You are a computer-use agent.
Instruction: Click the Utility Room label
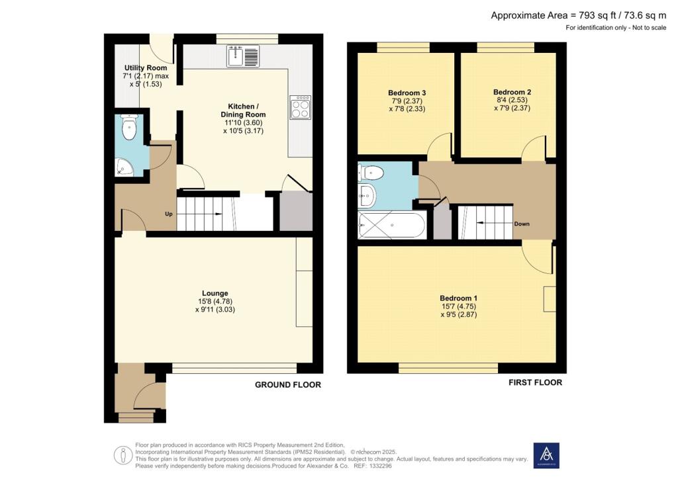146,67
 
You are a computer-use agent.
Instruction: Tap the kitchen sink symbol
243,56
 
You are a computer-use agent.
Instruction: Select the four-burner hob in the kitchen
301,107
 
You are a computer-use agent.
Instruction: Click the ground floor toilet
129,127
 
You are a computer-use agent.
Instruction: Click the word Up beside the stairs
169,214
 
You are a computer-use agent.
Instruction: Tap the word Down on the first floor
522,224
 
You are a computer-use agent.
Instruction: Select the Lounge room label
215,293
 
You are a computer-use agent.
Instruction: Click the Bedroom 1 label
458,298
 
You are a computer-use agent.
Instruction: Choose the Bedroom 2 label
512,92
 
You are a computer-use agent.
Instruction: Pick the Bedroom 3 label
407,93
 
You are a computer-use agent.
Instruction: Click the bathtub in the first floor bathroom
392,224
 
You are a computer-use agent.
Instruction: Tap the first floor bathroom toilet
371,173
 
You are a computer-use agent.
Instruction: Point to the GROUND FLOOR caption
288,385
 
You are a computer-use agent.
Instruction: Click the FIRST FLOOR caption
535,382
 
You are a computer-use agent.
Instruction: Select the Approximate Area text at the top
579,16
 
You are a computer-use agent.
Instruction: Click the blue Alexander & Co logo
546,456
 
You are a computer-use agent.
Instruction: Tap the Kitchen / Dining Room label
243,110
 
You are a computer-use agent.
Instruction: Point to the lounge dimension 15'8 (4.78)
215,302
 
